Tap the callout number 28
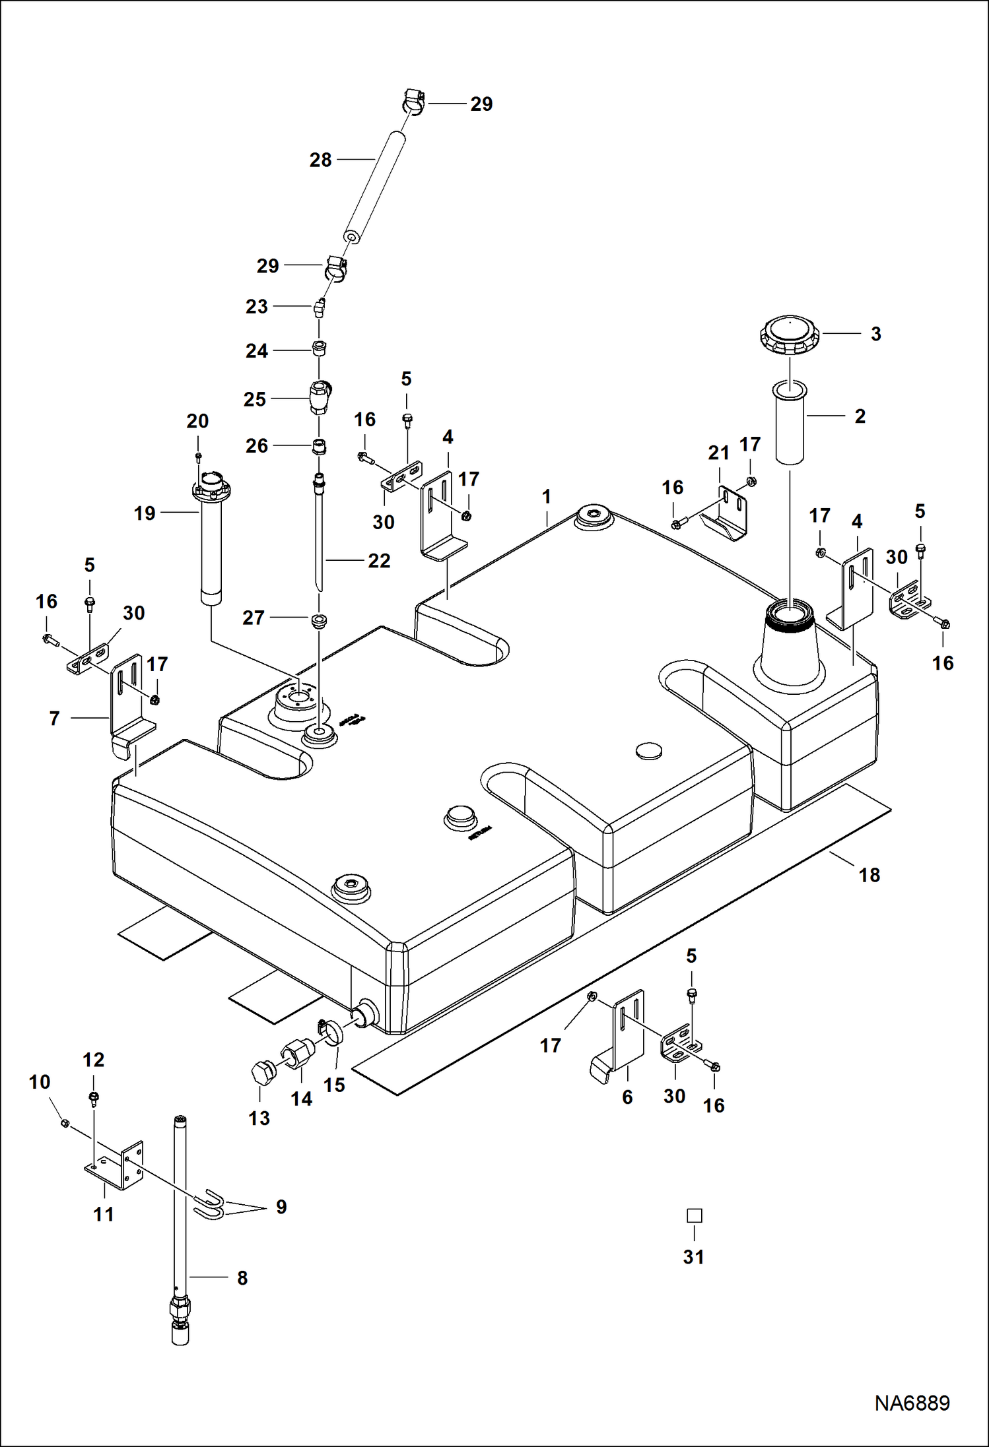click(x=320, y=160)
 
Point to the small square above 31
click(x=694, y=1215)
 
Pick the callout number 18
click(x=869, y=875)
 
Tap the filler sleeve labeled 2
click(x=789, y=422)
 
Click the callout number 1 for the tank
click(x=546, y=497)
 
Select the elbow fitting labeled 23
click(x=320, y=307)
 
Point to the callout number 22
click(x=379, y=560)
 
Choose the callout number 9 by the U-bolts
click(x=281, y=1207)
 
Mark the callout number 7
click(x=55, y=718)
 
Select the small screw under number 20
click(x=197, y=457)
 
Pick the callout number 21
click(x=718, y=453)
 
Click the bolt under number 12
click(x=93, y=1098)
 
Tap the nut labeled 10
click(x=65, y=1123)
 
